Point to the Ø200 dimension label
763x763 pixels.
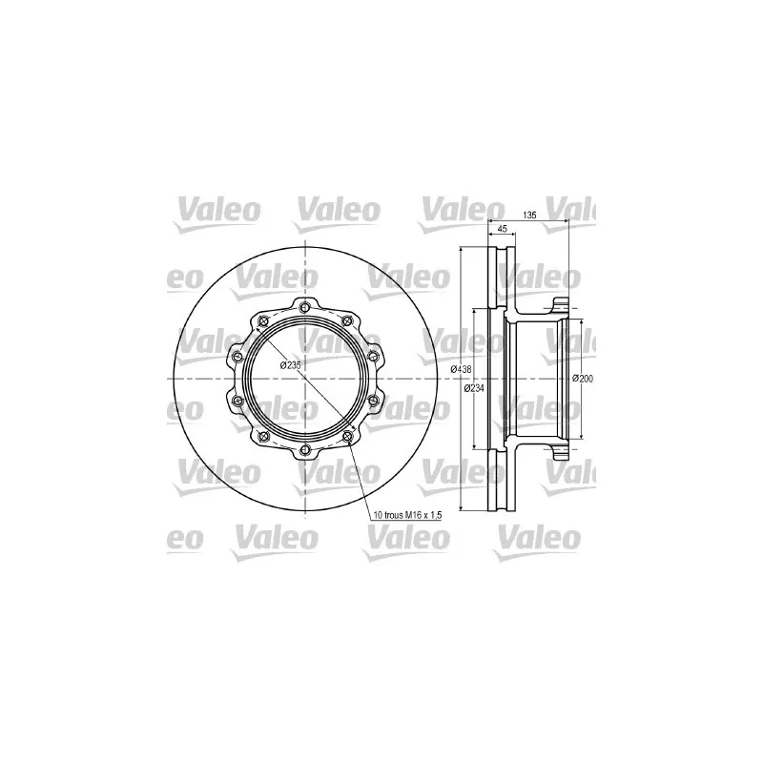coord(584,379)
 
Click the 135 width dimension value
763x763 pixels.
coord(530,216)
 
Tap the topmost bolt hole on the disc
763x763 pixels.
coord(303,306)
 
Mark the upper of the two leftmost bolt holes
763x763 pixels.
coord(235,357)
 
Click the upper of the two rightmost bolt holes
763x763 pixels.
coord(373,357)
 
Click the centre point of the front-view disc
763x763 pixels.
coord(303,379)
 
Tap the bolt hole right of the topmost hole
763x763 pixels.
coord(346,320)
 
